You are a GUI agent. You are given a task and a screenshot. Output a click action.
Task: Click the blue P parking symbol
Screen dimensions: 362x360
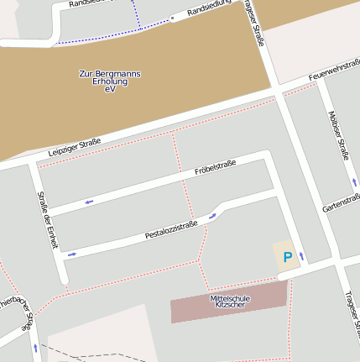(286, 257)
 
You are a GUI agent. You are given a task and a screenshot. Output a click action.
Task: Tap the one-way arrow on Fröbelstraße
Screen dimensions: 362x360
(88, 201)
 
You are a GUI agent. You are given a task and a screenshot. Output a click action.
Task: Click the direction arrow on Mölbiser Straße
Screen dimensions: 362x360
(353, 181)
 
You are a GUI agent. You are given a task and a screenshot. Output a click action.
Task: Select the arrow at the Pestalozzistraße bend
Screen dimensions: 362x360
(212, 214)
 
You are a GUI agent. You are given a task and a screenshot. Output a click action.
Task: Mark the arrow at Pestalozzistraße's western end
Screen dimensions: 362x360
(72, 253)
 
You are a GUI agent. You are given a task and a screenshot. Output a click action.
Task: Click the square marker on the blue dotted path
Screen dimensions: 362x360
(172, 17)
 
